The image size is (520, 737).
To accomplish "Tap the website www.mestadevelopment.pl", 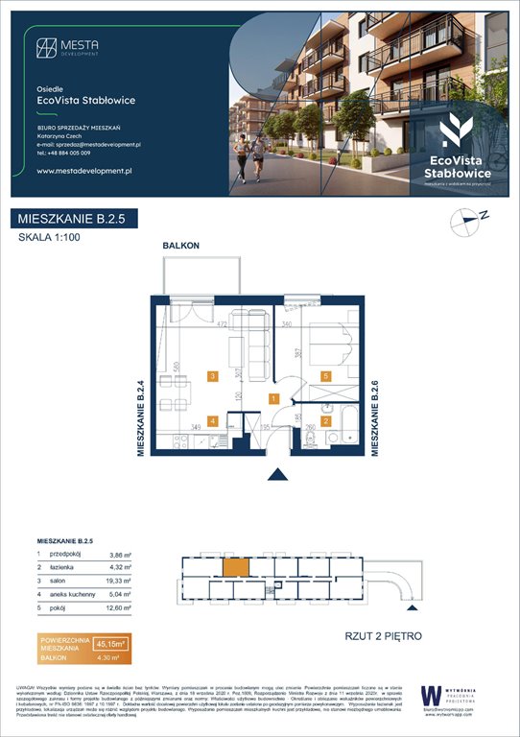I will point(83,170).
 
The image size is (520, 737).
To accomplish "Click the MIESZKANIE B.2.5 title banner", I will point(75,220).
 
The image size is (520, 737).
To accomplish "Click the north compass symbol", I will point(465,221).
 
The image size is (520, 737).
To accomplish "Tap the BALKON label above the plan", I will point(181,247).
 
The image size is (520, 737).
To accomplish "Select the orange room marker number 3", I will point(212,376).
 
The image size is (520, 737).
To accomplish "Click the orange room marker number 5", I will point(326,376).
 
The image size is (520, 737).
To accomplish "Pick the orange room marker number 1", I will point(274,398).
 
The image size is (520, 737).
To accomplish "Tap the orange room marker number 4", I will point(212,420).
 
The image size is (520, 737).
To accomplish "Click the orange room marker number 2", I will point(326,420).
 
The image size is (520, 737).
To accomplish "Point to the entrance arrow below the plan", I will point(278,473).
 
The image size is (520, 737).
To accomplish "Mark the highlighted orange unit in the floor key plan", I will point(236,568).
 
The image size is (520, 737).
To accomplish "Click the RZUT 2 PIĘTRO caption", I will point(383,636).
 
